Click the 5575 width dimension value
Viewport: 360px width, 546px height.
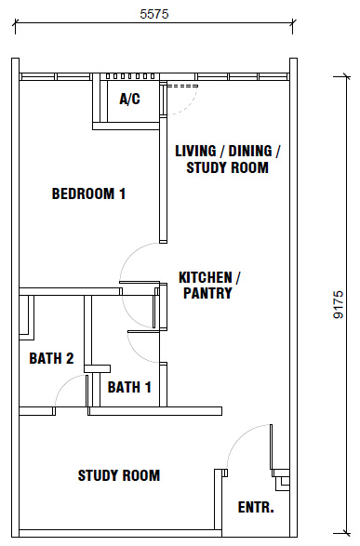[154, 14]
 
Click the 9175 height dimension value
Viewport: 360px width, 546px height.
[339, 304]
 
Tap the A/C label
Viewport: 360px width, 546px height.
[129, 100]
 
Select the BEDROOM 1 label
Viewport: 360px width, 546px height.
[88, 193]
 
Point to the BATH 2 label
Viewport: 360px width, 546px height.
[51, 358]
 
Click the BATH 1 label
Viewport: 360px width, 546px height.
[129, 387]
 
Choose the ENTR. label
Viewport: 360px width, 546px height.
[256, 507]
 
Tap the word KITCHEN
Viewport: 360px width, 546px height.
[206, 277]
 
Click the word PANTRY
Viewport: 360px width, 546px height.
[207, 293]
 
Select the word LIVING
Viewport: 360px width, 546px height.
[195, 151]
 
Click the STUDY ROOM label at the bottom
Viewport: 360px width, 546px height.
[119, 475]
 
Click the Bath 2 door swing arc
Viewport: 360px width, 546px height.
[63, 383]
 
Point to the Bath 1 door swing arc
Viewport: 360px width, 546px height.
[137, 353]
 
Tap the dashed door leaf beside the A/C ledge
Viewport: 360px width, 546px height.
[182, 86]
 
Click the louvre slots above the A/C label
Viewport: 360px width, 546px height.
[130, 76]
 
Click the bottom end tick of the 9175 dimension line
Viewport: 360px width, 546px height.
[346, 533]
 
